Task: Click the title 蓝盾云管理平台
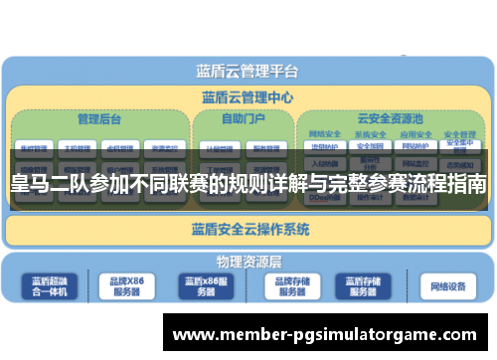click(247, 71)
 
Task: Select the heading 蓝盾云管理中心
click(247, 97)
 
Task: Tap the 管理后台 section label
click(99, 119)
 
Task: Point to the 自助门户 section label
click(242, 119)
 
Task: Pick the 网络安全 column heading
click(325, 134)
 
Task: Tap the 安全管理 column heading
click(458, 134)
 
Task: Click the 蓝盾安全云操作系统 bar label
click(249, 230)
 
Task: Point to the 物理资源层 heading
click(248, 263)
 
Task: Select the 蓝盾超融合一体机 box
click(51, 287)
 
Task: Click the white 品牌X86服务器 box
click(126, 287)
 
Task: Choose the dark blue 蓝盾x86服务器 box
click(206, 287)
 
